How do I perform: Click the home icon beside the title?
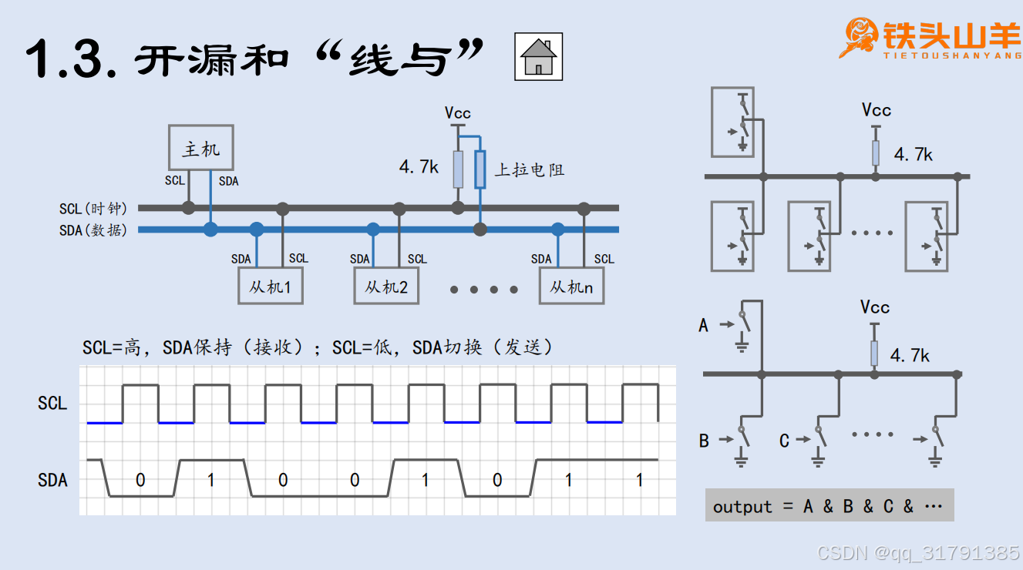pos(538,57)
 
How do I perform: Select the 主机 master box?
pos(201,148)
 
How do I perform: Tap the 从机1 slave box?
pos(270,287)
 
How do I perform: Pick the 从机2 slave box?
pos(386,287)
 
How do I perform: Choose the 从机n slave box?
pos(571,287)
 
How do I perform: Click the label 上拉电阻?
pos(529,169)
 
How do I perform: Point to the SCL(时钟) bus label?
pos(93,209)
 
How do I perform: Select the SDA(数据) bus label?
pos(93,230)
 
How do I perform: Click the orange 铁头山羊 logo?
pos(930,39)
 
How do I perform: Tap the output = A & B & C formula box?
pos(829,506)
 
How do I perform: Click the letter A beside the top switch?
pos(703,325)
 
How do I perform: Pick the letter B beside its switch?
pos(704,441)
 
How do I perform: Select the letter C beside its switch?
pos(784,441)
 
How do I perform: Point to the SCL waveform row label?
pos(52,403)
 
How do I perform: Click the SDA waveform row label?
pos(52,480)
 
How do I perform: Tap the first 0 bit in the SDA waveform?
pos(140,480)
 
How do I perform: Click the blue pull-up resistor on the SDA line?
pos(480,169)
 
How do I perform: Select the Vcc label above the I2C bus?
pos(458,113)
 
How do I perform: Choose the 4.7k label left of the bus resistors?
pos(418,166)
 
